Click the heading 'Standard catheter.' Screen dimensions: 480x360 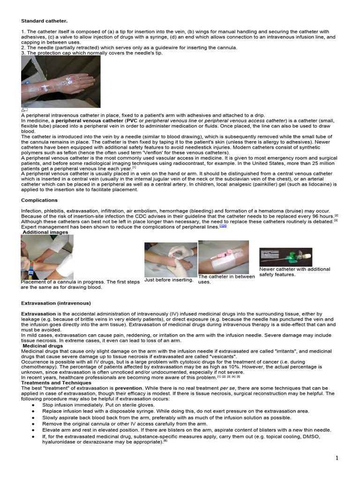coord(44,21)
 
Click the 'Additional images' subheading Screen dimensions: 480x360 coord(45,232)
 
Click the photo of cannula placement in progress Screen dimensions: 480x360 coord(47,257)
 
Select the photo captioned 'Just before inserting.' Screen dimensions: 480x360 coord(171,259)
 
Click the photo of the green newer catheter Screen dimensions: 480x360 coord(285,257)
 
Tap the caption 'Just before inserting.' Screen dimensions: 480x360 coord(169,280)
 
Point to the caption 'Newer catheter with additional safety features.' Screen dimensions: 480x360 coord(294,272)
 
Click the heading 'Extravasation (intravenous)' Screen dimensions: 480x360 coord(56,303)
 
